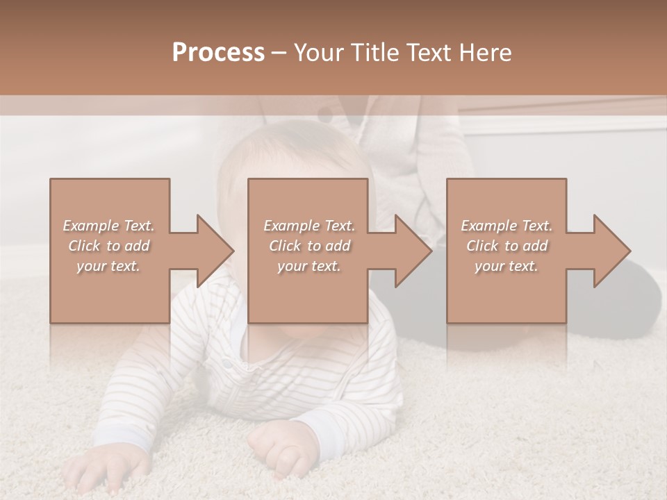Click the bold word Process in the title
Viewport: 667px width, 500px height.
pyautogui.click(x=218, y=53)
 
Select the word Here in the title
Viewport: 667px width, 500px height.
pyautogui.click(x=485, y=53)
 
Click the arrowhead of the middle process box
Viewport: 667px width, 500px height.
pyautogui.click(x=414, y=251)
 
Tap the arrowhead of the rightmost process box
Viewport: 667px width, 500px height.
pyautogui.click(x=613, y=251)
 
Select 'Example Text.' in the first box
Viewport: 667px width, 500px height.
pyautogui.click(x=109, y=226)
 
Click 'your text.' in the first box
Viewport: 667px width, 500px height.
pyautogui.click(x=109, y=266)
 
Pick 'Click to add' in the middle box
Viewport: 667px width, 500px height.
pyautogui.click(x=309, y=246)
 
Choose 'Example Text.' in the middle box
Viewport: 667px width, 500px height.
pyautogui.click(x=309, y=226)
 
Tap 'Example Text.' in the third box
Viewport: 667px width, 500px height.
pyautogui.click(x=507, y=226)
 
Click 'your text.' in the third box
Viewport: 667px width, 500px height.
pyautogui.click(x=507, y=266)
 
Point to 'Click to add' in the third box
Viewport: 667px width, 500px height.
pyautogui.click(x=507, y=246)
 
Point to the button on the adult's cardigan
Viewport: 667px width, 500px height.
pyautogui.click(x=324, y=112)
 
